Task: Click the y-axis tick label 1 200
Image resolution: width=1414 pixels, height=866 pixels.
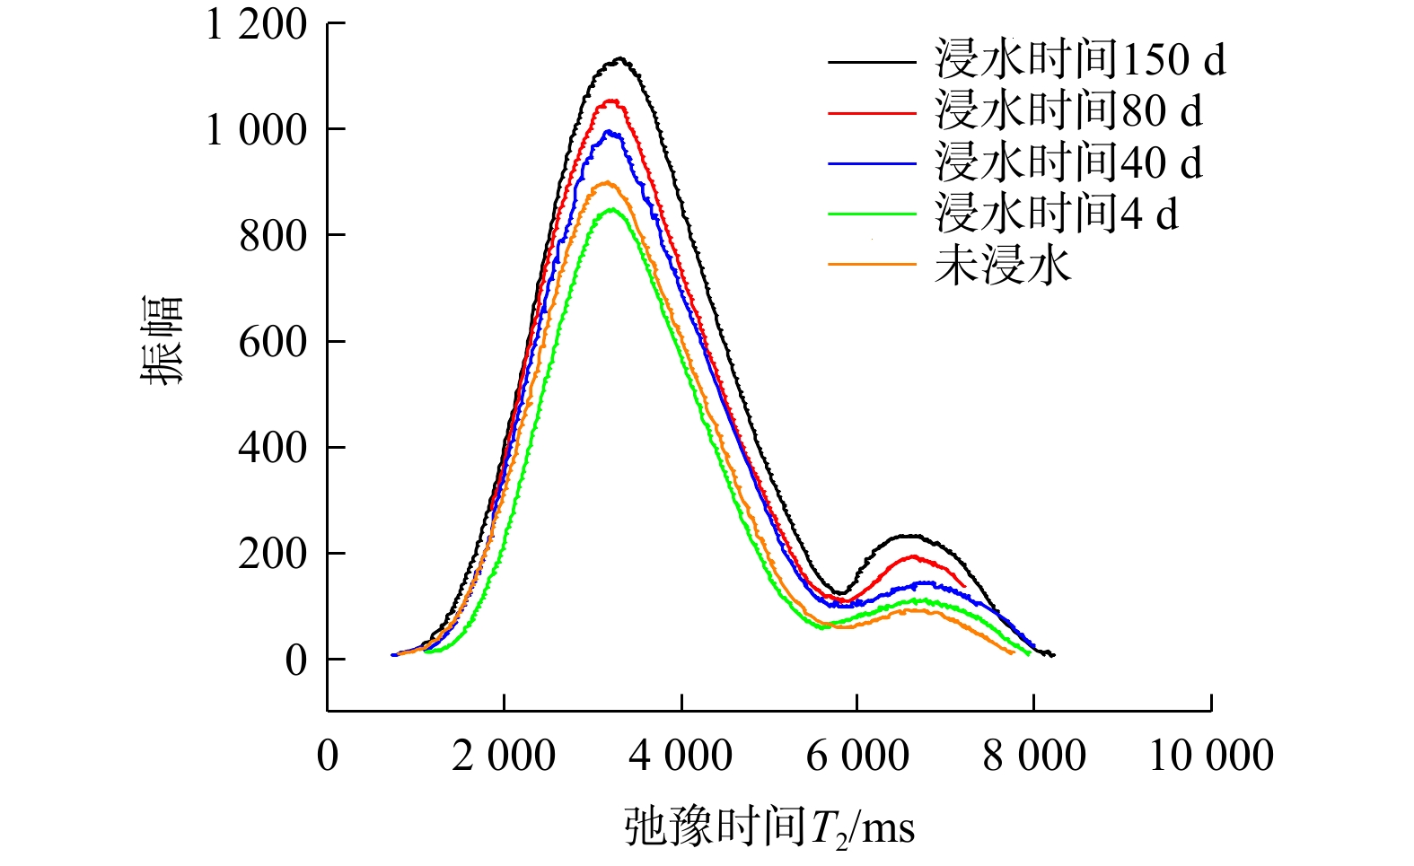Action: [257, 26]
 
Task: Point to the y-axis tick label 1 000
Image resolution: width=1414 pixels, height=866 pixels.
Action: [257, 131]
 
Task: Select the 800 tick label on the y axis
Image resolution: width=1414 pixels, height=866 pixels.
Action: [273, 237]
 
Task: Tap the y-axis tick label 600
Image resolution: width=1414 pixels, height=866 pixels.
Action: [273, 343]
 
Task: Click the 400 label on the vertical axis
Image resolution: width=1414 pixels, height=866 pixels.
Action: [273, 449]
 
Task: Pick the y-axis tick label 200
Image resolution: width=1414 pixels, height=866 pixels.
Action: [273, 555]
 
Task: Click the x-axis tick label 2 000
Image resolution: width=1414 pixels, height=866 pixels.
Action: [504, 756]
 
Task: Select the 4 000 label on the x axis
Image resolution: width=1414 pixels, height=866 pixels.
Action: [681, 756]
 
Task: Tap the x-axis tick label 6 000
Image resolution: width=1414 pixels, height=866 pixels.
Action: [857, 756]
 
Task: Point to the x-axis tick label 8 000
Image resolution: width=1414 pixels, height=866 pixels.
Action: [1034, 756]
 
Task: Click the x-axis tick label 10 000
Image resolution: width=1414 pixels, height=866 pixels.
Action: [1211, 756]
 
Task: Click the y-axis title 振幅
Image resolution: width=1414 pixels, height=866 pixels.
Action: [162, 341]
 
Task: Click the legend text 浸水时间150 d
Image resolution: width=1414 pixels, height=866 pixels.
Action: [1080, 61]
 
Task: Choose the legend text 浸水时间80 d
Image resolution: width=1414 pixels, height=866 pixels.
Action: [1068, 112]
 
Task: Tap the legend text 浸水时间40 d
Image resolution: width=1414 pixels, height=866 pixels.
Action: [1068, 163]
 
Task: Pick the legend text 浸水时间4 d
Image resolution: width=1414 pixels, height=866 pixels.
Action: [1057, 214]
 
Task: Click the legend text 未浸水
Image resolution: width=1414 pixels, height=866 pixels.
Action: [1003, 266]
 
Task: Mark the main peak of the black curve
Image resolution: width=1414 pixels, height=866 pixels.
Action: [619, 60]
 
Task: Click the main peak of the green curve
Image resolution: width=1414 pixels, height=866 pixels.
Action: [612, 210]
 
